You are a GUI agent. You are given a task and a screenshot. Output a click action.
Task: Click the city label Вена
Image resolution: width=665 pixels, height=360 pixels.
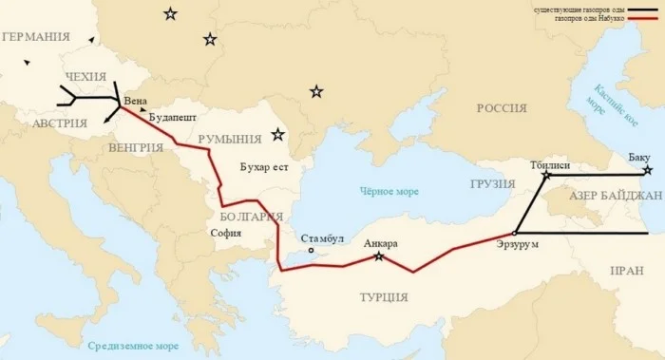(x=136, y=99)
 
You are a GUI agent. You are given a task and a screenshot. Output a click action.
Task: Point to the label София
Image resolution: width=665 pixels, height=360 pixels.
(x=225, y=233)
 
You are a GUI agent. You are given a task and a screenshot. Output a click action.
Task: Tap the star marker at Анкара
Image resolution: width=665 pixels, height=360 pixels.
(x=379, y=256)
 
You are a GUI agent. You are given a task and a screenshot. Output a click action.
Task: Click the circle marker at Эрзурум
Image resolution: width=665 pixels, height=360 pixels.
(x=514, y=233)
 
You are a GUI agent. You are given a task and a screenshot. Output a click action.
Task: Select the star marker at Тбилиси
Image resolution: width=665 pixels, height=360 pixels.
(x=545, y=176)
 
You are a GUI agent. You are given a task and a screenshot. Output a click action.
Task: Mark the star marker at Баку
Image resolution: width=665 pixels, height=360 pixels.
(x=647, y=171)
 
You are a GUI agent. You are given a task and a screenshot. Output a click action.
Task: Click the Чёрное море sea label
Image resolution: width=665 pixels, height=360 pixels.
(x=389, y=191)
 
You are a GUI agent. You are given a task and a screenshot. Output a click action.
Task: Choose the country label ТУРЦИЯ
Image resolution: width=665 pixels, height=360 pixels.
(x=384, y=297)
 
